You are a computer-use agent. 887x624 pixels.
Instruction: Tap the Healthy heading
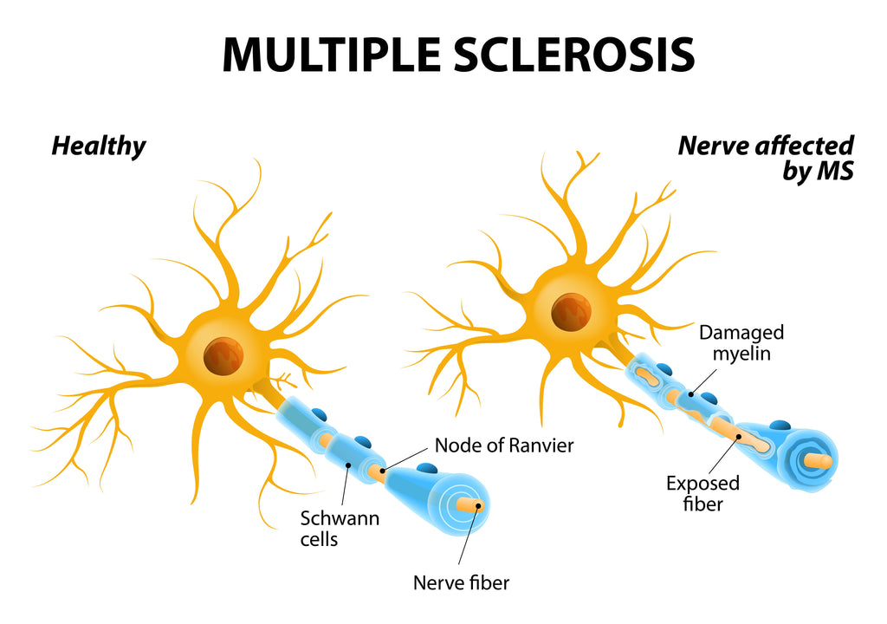tap(99, 146)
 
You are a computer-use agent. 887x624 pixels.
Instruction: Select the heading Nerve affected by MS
tap(767, 158)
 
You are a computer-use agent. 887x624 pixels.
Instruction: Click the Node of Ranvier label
tap(504, 445)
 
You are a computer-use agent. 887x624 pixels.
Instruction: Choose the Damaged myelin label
tap(741, 342)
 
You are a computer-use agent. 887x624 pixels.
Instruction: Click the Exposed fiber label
tap(702, 493)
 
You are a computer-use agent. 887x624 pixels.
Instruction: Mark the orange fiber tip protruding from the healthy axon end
tap(473, 505)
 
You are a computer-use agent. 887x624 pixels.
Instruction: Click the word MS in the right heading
tap(836, 172)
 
